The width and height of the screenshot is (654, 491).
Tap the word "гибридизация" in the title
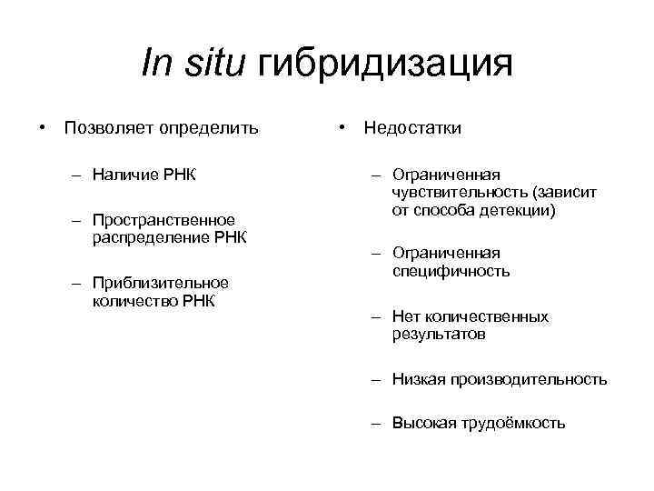point(386,65)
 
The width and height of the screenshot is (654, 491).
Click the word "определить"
point(209,127)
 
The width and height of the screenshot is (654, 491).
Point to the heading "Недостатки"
point(412,127)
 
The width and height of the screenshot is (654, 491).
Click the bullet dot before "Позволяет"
point(42,127)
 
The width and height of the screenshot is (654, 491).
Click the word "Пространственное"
point(163,220)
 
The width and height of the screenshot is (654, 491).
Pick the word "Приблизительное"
point(160,283)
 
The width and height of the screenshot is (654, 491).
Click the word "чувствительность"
point(461,192)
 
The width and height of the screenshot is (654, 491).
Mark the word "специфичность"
point(451,271)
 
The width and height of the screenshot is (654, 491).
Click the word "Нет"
point(405,317)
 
